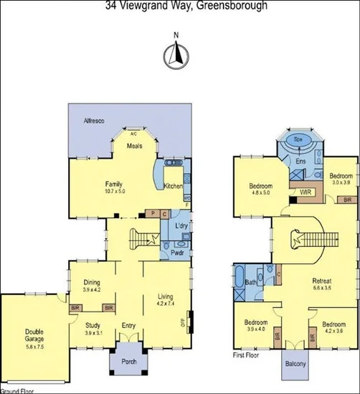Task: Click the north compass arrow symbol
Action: [176, 54]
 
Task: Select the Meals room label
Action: [134, 146]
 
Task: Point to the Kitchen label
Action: [173, 187]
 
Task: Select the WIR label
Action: [303, 192]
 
